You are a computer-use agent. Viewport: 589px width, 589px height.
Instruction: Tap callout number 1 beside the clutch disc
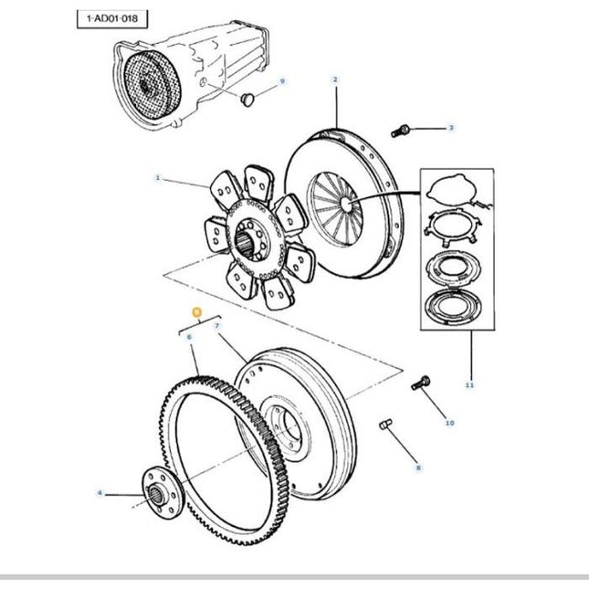tap(157, 179)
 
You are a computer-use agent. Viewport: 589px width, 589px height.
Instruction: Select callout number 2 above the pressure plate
tap(335, 80)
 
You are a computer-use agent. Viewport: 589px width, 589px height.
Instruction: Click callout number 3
tap(450, 129)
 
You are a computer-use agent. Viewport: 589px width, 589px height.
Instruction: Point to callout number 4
tap(100, 494)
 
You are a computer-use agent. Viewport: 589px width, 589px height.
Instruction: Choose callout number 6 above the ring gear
tap(188, 337)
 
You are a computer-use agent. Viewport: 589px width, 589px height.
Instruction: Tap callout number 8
tap(417, 467)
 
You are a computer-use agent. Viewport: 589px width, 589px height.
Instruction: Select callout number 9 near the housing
tap(282, 81)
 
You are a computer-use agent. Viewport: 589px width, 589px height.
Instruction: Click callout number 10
tap(448, 423)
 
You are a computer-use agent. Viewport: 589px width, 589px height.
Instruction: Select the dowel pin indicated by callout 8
tap(386, 425)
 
